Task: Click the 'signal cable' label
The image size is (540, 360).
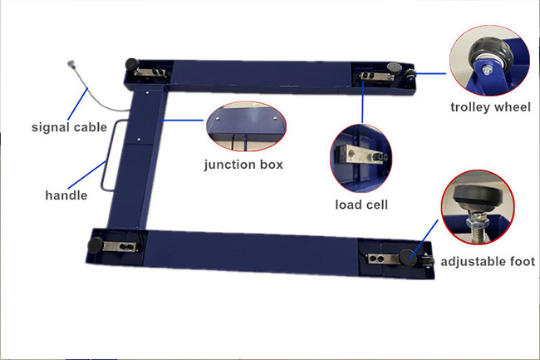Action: click(x=69, y=127)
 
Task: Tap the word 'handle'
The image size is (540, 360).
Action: click(x=66, y=195)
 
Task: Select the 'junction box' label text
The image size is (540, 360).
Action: click(x=243, y=164)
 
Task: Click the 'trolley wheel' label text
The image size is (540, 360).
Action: click(x=490, y=106)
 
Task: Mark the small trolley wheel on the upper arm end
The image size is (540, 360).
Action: click(x=411, y=76)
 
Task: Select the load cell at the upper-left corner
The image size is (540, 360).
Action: click(x=150, y=72)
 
